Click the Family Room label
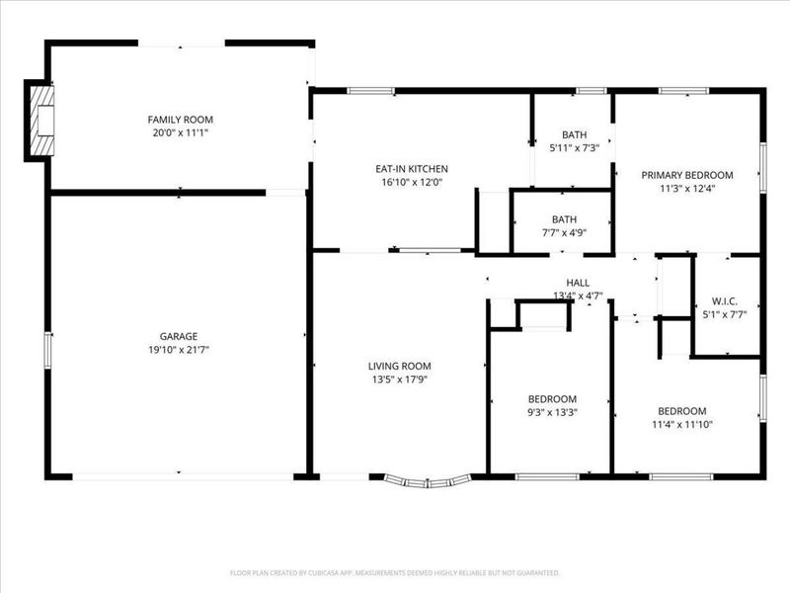[180, 120]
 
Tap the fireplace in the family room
[40, 121]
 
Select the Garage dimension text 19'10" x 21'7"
[179, 350]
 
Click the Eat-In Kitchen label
[412, 169]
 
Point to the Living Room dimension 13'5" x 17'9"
[400, 380]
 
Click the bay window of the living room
[428, 481]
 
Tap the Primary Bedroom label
[687, 175]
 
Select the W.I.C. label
[725, 301]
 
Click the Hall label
[578, 283]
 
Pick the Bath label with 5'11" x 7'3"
[575, 134]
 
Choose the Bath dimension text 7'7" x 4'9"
[564, 232]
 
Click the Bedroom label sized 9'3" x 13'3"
[552, 399]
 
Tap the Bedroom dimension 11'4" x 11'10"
[682, 425]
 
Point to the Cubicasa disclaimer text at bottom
[395, 573]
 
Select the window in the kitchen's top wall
[371, 91]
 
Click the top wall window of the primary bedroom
[683, 91]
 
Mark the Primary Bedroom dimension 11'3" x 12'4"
[687, 189]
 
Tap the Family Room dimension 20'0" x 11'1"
[181, 133]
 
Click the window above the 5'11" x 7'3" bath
[592, 91]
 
